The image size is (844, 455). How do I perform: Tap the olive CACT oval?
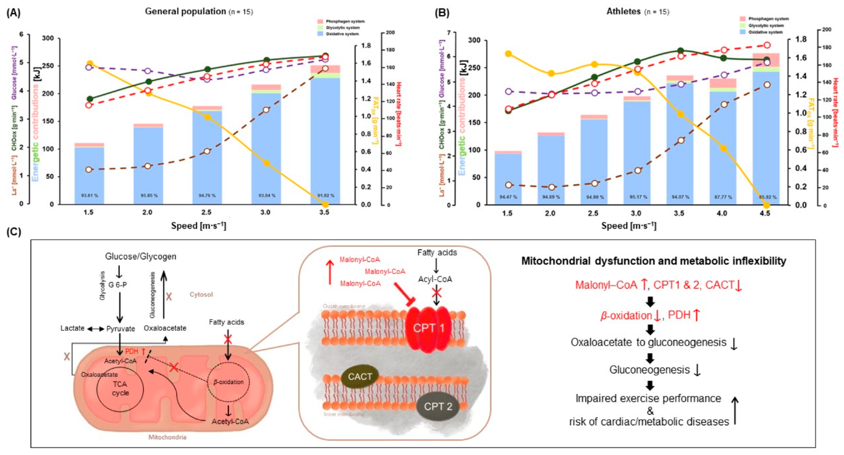click(x=360, y=377)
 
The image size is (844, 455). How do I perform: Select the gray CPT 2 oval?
click(x=438, y=407)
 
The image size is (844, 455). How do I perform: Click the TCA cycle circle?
click(x=120, y=389)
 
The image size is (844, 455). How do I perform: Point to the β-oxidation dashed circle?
click(x=228, y=382)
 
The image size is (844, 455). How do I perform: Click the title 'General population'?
click(x=186, y=11)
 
